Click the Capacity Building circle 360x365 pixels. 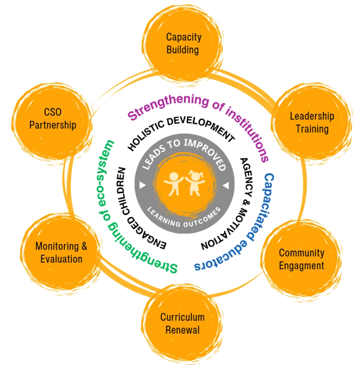click(183, 44)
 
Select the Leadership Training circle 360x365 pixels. click(312, 121)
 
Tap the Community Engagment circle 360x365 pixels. click(301, 259)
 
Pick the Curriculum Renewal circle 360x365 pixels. click(182, 323)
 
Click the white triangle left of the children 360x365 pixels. click(142, 185)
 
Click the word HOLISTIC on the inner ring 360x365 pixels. click(146, 133)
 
